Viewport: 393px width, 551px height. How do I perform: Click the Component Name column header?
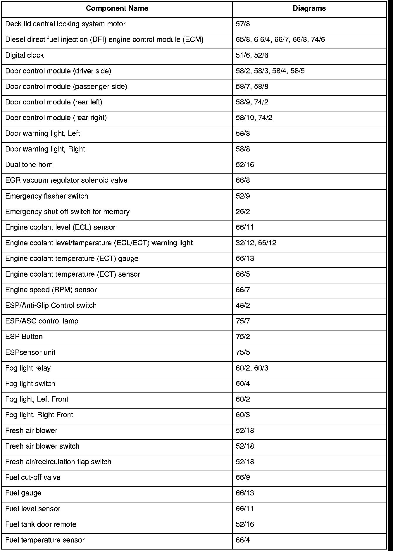117,8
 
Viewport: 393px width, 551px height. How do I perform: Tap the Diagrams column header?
309,8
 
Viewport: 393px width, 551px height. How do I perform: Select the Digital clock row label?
25,55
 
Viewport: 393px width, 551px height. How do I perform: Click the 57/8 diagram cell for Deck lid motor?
243,24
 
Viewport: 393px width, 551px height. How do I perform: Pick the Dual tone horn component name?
29,165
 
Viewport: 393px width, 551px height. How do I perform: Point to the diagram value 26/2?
243,212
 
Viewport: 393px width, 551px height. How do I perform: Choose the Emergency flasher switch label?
46,196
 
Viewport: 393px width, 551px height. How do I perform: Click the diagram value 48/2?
243,306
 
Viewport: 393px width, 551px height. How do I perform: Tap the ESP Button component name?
24,337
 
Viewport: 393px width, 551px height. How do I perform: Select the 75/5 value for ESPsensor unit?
243,352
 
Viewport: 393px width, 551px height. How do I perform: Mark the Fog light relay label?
28,368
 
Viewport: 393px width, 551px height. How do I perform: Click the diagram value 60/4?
243,384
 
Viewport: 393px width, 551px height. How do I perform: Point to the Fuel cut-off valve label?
33,478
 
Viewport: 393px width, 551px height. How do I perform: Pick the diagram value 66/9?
243,478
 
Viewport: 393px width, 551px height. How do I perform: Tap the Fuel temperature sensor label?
45,540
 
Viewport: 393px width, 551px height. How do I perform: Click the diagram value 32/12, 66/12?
256,243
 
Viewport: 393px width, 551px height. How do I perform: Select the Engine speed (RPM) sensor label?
51,290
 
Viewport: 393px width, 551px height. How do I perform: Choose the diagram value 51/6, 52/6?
252,55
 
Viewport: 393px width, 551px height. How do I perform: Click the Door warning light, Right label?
45,149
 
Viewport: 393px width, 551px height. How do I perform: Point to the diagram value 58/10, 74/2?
254,118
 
